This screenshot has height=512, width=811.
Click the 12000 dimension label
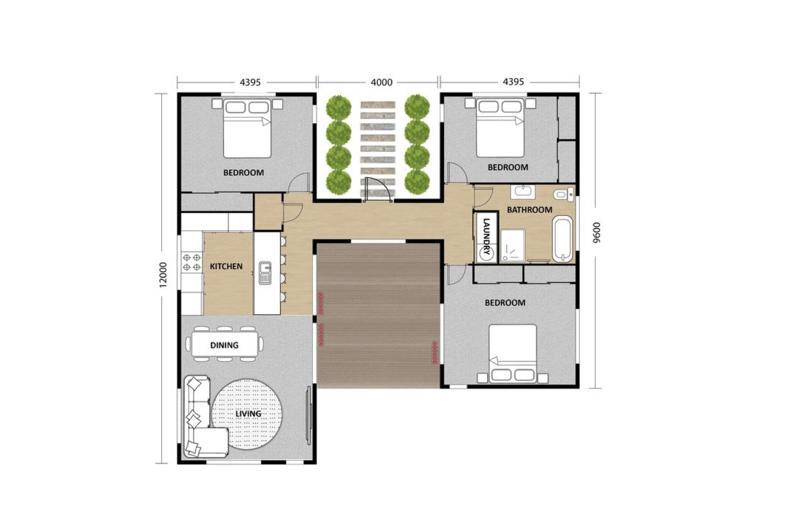point(163,275)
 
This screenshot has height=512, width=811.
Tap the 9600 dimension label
point(595,232)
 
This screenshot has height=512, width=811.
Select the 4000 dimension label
point(381,82)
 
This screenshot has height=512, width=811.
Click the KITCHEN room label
point(226,266)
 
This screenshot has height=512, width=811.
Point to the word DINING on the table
point(224,345)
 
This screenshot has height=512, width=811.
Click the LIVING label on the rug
point(248,413)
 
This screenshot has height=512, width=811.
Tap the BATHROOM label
point(529,210)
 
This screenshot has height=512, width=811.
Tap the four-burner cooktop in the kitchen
point(191,262)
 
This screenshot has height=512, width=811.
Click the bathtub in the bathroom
point(562,239)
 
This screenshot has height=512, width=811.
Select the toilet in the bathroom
point(563,195)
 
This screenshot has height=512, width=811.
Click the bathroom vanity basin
point(523,191)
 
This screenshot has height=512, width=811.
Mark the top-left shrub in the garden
point(339,107)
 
